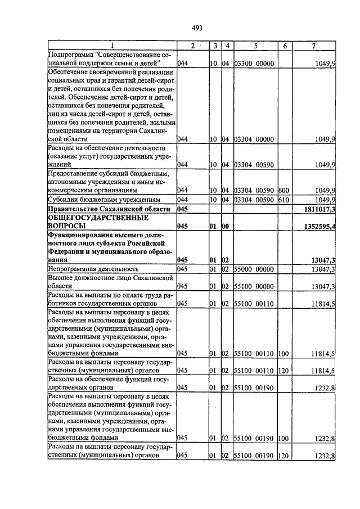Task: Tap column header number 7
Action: point(313,46)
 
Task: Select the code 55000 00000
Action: point(253,270)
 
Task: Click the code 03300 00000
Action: point(253,64)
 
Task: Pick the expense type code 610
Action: point(283,200)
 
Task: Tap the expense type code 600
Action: point(283,191)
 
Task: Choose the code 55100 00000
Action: point(253,287)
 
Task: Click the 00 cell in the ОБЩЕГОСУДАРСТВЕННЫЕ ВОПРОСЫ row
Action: point(226,227)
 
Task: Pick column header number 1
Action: point(111,46)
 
